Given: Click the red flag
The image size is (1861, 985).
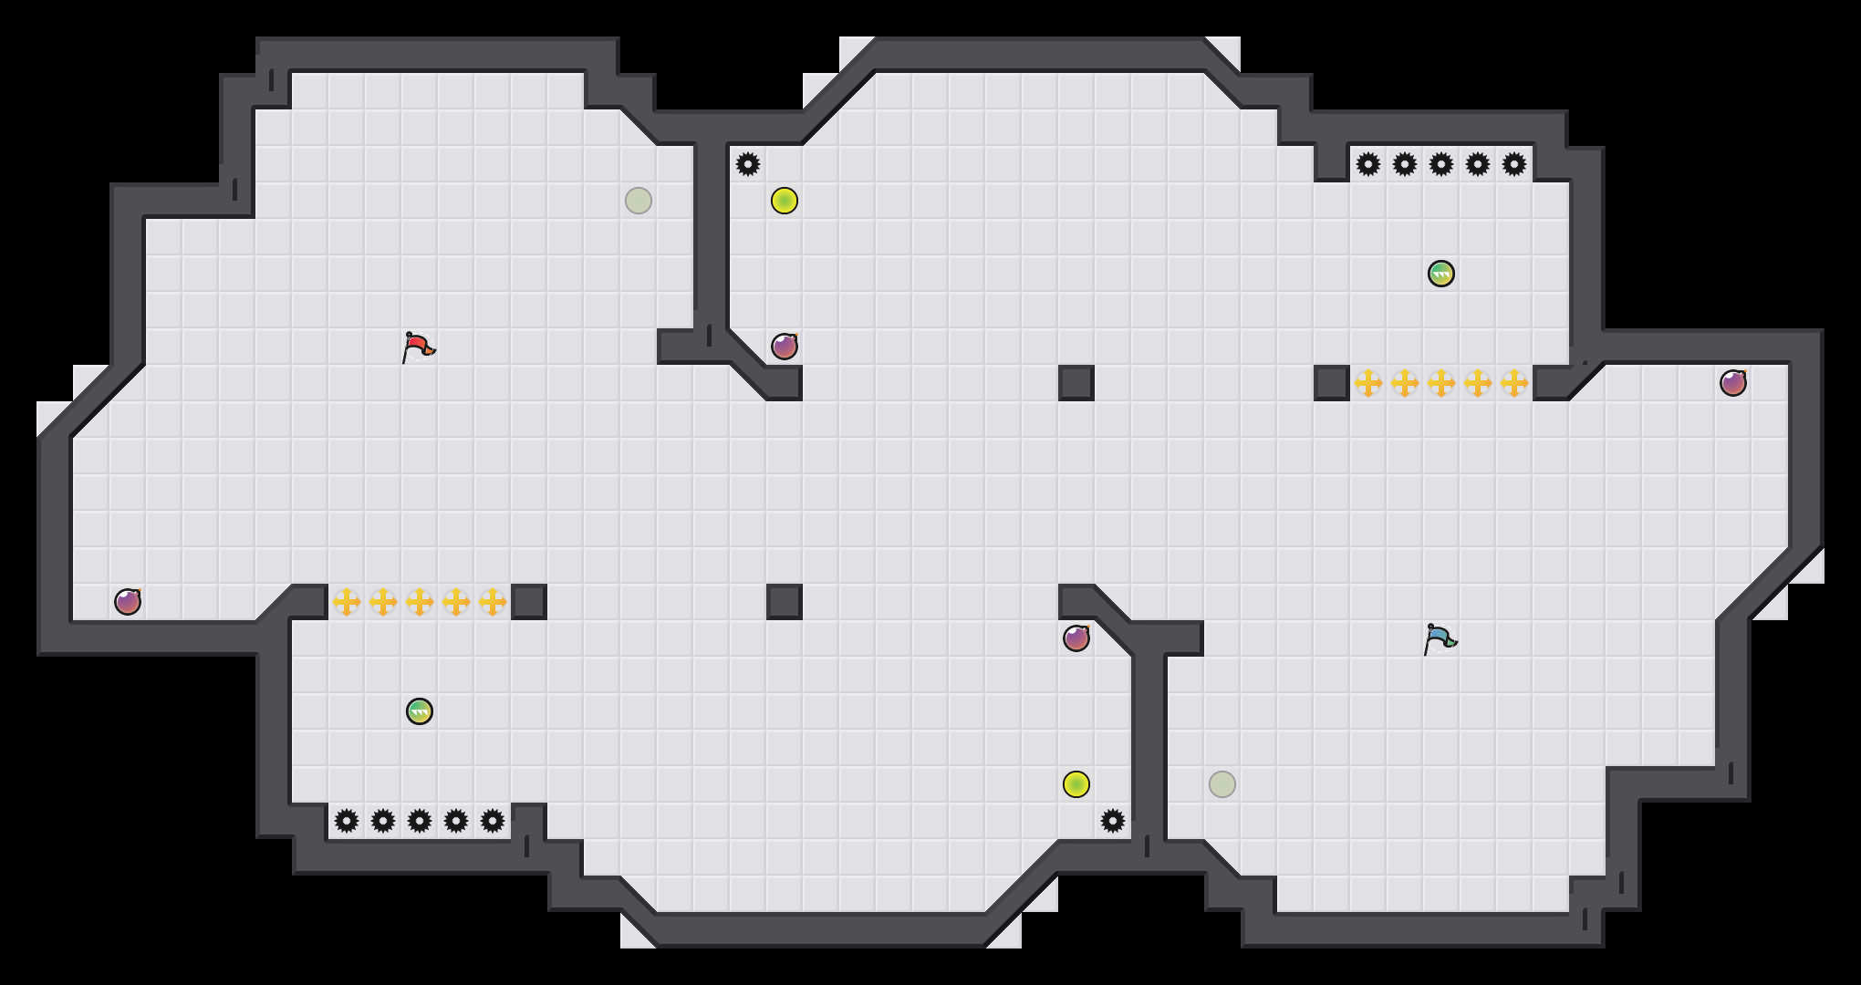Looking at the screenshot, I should (x=418, y=347).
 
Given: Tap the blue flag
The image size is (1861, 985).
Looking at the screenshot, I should (x=1440, y=638).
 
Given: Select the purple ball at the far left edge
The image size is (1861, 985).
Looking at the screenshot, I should (x=128, y=602).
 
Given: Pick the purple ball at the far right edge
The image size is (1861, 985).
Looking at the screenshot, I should (x=1733, y=383).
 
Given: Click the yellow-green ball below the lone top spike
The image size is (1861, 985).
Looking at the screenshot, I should (x=785, y=201).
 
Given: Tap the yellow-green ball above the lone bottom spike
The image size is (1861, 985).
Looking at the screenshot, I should (x=1076, y=784).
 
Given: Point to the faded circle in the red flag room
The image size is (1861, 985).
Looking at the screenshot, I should (x=639, y=201).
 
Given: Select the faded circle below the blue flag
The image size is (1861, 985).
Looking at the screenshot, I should (x=1222, y=784).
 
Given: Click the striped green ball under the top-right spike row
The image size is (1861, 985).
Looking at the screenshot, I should (x=1441, y=274).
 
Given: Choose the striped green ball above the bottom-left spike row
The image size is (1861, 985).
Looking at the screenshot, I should (x=420, y=711).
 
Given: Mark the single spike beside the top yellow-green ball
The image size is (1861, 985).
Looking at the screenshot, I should (x=748, y=164).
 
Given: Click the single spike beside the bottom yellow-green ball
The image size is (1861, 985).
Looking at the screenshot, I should (x=1113, y=821).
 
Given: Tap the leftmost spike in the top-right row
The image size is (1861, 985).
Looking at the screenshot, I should (x=1368, y=164).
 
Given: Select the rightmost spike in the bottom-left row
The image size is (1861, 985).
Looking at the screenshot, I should (x=493, y=821).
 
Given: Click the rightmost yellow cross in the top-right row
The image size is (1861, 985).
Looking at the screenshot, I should (x=1514, y=383).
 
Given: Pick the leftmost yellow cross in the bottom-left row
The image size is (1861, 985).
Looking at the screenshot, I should (x=347, y=602).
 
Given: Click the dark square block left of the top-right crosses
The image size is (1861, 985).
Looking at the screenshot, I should (x=1332, y=383).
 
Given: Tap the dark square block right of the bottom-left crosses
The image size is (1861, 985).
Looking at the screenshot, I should (x=529, y=602).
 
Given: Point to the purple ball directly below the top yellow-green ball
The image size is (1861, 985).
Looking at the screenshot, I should (x=785, y=347).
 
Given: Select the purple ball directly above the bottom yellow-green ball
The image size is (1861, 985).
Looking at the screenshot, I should (x=1076, y=638).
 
